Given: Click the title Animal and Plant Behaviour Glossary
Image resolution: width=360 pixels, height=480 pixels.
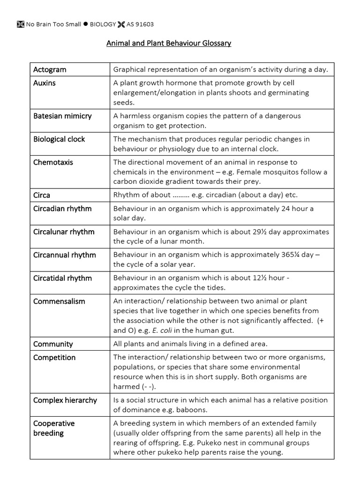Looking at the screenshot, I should (169, 44).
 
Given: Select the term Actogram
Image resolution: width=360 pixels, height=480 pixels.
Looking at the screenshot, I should (50, 70).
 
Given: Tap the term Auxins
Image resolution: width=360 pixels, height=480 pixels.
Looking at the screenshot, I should (45, 83).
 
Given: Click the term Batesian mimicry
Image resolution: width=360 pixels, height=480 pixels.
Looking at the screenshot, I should (62, 116).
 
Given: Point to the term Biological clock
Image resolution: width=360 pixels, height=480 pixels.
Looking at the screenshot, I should (59, 139).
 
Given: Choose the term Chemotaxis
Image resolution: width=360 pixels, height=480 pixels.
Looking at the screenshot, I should (53, 162).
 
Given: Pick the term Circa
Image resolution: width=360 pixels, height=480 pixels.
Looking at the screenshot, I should (42, 195).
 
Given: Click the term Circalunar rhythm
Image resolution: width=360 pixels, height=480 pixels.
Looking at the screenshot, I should (64, 232).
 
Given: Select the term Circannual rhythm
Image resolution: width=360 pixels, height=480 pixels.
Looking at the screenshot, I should (64, 255).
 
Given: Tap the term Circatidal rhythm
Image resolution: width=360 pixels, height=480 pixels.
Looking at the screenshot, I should (62, 278).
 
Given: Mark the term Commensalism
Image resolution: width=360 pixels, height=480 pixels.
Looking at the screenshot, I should (59, 301).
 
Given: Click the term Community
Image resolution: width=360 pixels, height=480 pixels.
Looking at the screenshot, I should (53, 344).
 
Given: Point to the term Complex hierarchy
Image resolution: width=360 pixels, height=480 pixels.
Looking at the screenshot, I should (65, 400).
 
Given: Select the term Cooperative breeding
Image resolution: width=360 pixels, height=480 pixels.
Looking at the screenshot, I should (54, 428).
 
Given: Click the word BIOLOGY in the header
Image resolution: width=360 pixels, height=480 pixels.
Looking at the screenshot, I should (103, 24).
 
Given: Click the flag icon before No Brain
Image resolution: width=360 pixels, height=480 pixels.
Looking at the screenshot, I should (20, 24).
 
